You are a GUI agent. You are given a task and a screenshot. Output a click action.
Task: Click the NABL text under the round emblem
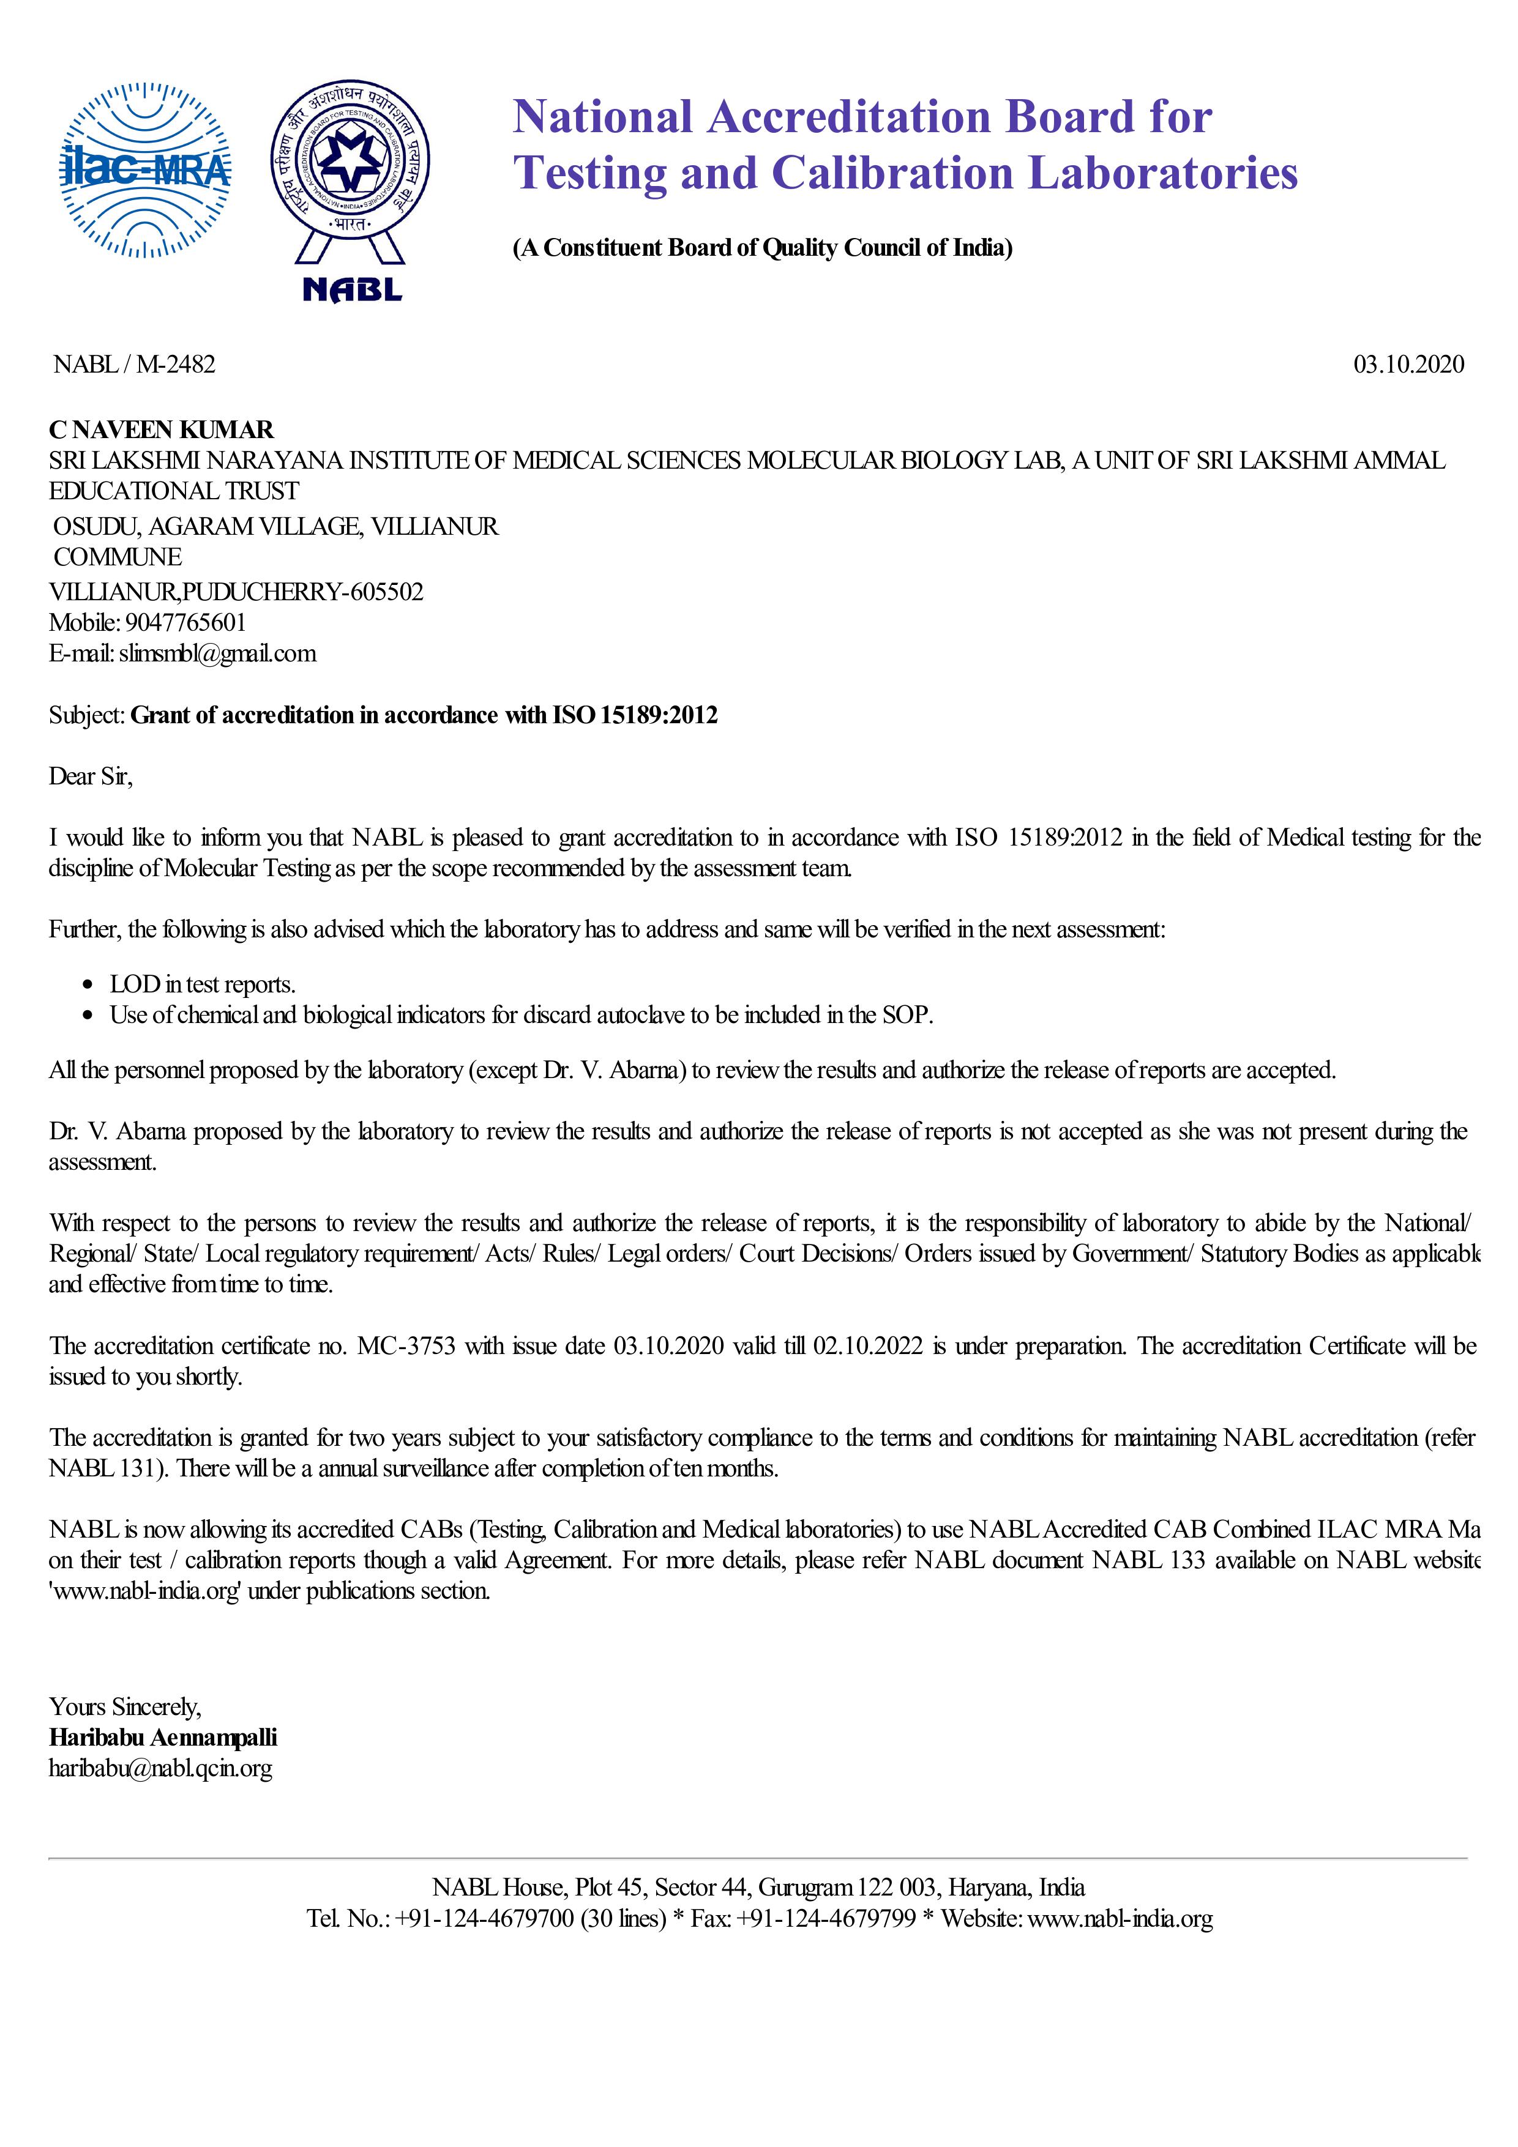[352, 290]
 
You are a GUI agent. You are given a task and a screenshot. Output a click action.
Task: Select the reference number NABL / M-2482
[134, 364]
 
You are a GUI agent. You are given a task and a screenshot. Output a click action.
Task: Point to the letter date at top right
[1408, 364]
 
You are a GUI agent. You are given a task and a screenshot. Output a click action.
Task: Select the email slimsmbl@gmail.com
[217, 653]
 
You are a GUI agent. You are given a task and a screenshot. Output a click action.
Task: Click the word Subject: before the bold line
[86, 715]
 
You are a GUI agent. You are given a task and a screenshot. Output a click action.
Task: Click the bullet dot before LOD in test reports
[88, 984]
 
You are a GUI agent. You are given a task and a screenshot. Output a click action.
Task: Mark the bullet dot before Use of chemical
[88, 1016]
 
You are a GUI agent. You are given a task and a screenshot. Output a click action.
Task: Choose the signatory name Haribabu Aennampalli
[163, 1738]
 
